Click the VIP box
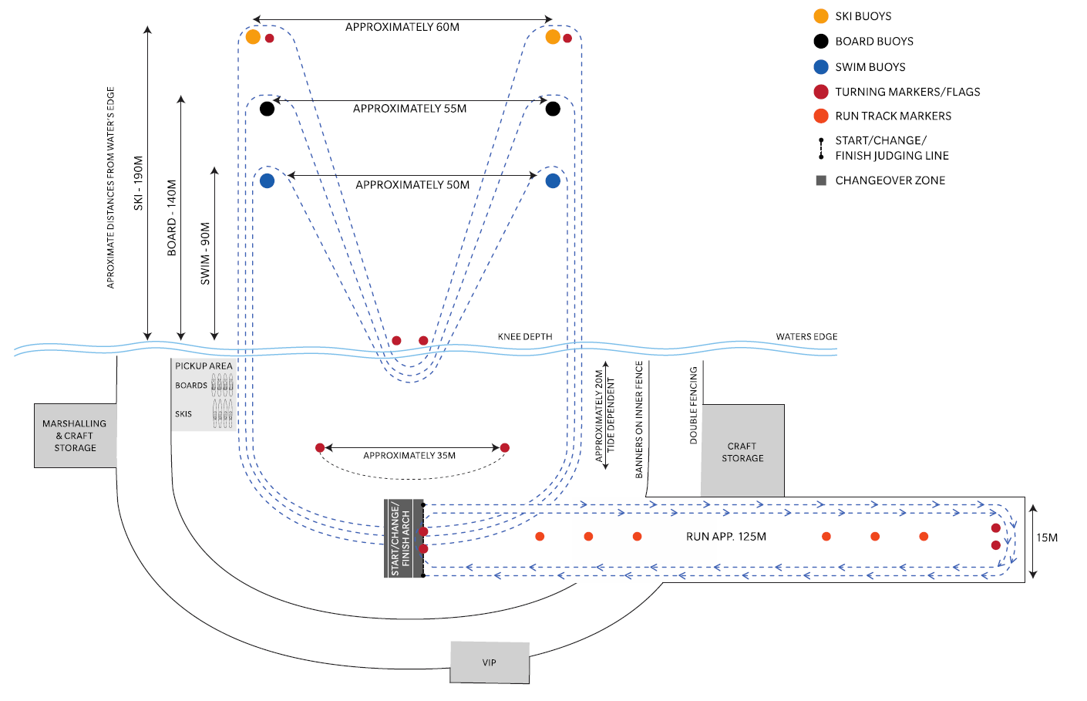(x=490, y=662)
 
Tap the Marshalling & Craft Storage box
(x=75, y=436)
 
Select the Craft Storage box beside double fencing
(x=742, y=452)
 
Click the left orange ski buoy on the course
(x=253, y=36)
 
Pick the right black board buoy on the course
(x=553, y=109)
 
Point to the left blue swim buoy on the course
(x=267, y=181)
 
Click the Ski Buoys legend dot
(x=821, y=16)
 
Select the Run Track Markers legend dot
(x=821, y=116)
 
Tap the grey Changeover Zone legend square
(x=821, y=180)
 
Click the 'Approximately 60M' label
(x=402, y=27)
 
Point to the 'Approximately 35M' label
(x=409, y=456)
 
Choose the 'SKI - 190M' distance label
(x=139, y=183)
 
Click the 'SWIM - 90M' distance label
(x=205, y=254)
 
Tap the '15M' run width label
(x=1047, y=538)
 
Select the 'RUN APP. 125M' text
(x=726, y=537)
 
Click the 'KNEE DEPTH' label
(x=525, y=337)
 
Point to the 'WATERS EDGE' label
(x=806, y=337)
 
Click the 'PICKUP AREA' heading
(x=204, y=366)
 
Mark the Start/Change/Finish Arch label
(x=401, y=538)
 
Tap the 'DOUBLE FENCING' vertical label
(x=693, y=405)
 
